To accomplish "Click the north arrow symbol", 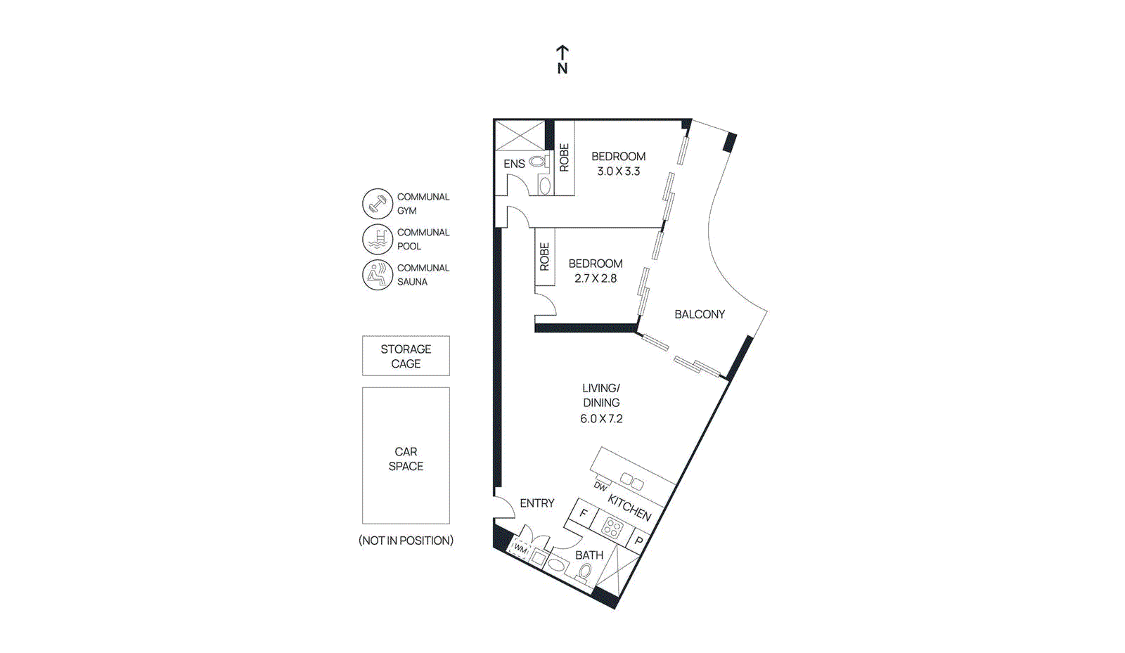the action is pos(562,59).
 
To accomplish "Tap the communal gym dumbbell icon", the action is pos(377,204).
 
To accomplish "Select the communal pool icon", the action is pos(377,240).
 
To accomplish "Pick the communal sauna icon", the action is pos(377,275).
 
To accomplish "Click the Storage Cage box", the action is pos(406,356).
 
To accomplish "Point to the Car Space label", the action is pos(406,459).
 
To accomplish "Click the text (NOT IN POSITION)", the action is pos(406,541).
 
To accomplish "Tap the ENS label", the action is pos(514,164).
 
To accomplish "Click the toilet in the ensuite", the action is pos(539,162).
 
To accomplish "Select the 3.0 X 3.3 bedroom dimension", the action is pos(618,171).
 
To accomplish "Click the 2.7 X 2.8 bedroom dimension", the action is pos(595,278).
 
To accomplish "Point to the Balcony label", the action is pos(700,314).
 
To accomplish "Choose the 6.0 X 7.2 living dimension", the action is pos(601,419).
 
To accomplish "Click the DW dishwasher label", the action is pos(600,486).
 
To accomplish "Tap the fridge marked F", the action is pos(584,513).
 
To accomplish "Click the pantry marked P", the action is pos(639,541).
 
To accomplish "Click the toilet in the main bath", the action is pos(585,571).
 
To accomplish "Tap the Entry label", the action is pos(537,503).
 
